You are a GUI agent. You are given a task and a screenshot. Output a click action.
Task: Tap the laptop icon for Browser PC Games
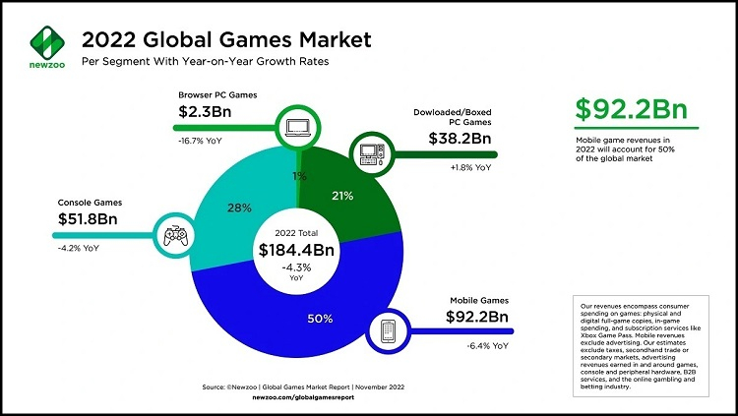296,126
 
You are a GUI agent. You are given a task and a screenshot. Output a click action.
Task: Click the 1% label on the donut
299,175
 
